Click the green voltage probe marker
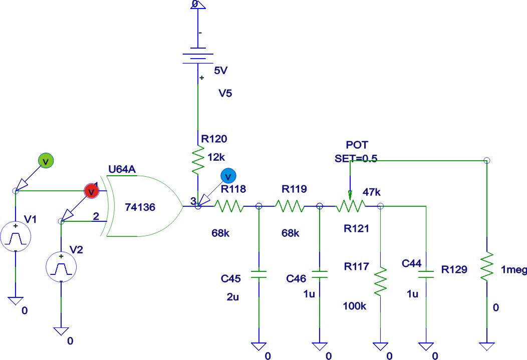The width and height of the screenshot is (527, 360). [x=46, y=161]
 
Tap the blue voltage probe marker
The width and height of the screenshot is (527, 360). [x=228, y=176]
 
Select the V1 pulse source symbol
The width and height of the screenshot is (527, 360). [x=16, y=237]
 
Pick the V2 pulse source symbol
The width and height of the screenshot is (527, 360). [x=61, y=266]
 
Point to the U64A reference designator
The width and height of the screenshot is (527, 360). [x=122, y=169]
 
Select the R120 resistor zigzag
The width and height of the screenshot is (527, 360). [x=198, y=159]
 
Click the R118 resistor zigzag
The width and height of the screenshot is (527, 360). [x=229, y=206]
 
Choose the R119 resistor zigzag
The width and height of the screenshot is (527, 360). [x=289, y=206]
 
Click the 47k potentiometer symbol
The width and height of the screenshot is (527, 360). [x=350, y=205]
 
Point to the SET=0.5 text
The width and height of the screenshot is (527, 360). [x=356, y=158]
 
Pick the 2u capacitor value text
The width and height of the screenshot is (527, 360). [x=233, y=297]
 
